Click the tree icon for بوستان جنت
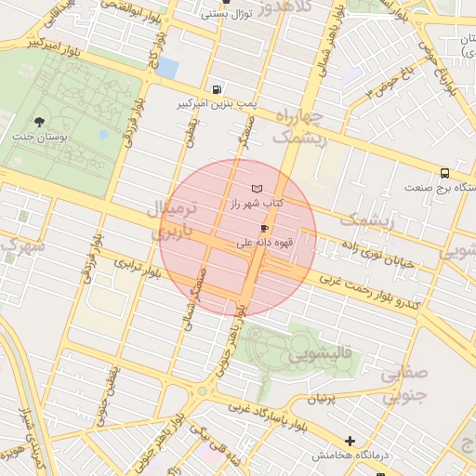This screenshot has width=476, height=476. point(39,122)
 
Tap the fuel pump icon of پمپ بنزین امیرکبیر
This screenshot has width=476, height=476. point(217,90)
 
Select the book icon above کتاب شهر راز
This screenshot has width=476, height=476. point(270,189)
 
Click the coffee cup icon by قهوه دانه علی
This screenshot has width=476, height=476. point(265,229)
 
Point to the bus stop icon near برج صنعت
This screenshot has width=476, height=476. point(444,173)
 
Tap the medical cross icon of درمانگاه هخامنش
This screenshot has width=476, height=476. point(350,441)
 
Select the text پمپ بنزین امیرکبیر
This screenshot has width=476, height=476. point(218,104)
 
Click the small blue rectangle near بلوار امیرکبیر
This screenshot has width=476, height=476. point(167,67)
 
